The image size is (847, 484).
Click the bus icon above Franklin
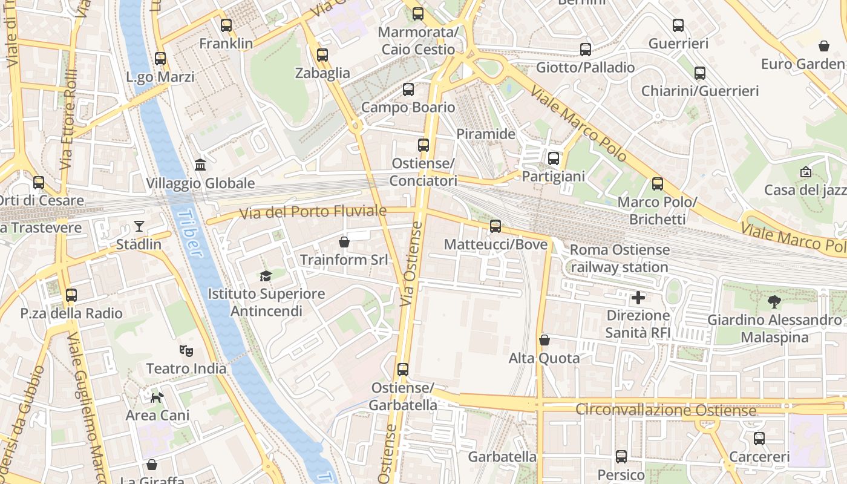coord(226,25)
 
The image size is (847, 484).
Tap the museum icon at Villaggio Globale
coord(200,165)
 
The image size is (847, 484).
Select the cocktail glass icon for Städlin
coord(139,226)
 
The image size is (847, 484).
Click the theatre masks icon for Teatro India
coord(186,350)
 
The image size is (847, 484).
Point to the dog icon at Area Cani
coord(157,397)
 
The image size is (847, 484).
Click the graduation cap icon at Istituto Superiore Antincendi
coord(266,276)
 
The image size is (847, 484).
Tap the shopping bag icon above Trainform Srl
coord(344,242)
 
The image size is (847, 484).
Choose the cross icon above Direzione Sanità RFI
coord(638,298)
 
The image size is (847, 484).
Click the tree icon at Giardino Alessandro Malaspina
coord(774,301)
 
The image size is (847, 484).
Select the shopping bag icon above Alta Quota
coord(544,340)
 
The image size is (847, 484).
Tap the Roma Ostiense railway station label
coord(620,258)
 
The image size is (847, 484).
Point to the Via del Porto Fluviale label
coord(312,212)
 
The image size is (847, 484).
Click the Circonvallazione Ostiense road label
coord(665,410)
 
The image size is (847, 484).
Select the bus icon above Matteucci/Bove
coord(495,226)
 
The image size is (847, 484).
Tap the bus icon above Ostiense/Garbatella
coord(403,369)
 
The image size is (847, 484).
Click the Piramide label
coord(486,134)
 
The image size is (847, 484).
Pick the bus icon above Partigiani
coord(554,159)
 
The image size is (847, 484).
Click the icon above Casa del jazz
coord(805,172)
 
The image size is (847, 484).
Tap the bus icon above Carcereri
coord(759,439)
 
